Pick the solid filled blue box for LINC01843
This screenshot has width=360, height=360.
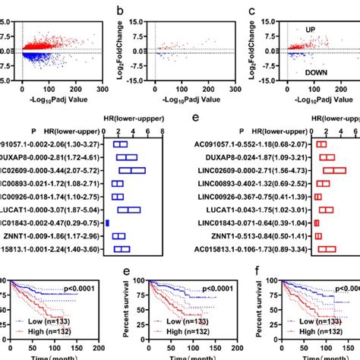point(108,222)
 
